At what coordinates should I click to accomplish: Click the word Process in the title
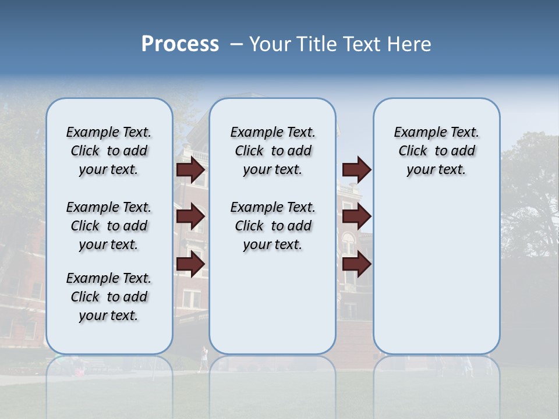[180, 44]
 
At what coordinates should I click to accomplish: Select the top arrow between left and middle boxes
[190, 169]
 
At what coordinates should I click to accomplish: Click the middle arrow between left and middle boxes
[190, 216]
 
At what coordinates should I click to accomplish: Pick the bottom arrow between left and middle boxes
[190, 264]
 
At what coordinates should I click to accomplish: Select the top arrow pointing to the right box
[356, 169]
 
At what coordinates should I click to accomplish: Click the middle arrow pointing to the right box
[356, 216]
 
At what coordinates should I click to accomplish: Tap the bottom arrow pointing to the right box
[356, 264]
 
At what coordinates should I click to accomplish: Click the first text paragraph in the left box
[109, 151]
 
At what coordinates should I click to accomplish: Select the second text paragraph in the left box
[109, 226]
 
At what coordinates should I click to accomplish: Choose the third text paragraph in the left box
[109, 297]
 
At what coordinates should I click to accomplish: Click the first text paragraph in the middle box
[273, 151]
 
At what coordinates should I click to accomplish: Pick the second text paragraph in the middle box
[273, 226]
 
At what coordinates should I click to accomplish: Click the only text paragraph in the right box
[436, 151]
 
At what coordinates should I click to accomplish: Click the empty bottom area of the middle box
[273, 308]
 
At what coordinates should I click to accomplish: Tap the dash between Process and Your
[236, 44]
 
